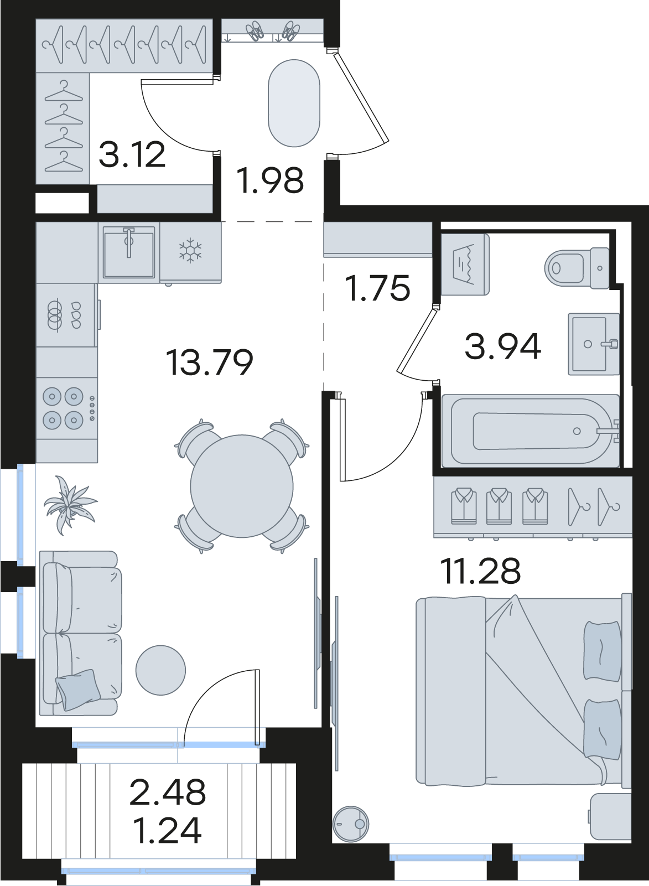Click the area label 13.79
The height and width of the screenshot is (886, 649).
coord(210,362)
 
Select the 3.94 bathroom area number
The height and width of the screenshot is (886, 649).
coord(503,346)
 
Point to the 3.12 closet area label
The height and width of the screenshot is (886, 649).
coord(132,154)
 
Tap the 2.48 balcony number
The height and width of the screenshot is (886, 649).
coord(168,792)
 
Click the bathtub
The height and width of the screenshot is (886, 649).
coord(531,431)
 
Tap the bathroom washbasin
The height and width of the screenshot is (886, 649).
coord(594,344)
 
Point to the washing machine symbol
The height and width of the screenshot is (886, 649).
coord(465,264)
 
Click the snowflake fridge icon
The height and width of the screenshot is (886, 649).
coord(190,250)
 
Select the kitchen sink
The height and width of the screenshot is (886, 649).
coord(129,252)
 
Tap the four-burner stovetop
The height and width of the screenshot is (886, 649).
coord(68,408)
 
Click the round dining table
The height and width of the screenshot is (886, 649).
coord(242,486)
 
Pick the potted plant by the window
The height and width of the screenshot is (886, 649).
coord(70,505)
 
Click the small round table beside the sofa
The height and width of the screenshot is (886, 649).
coord(160,670)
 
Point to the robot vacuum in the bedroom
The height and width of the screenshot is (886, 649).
coord(351,825)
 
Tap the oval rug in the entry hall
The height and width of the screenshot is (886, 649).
coord(294,103)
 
